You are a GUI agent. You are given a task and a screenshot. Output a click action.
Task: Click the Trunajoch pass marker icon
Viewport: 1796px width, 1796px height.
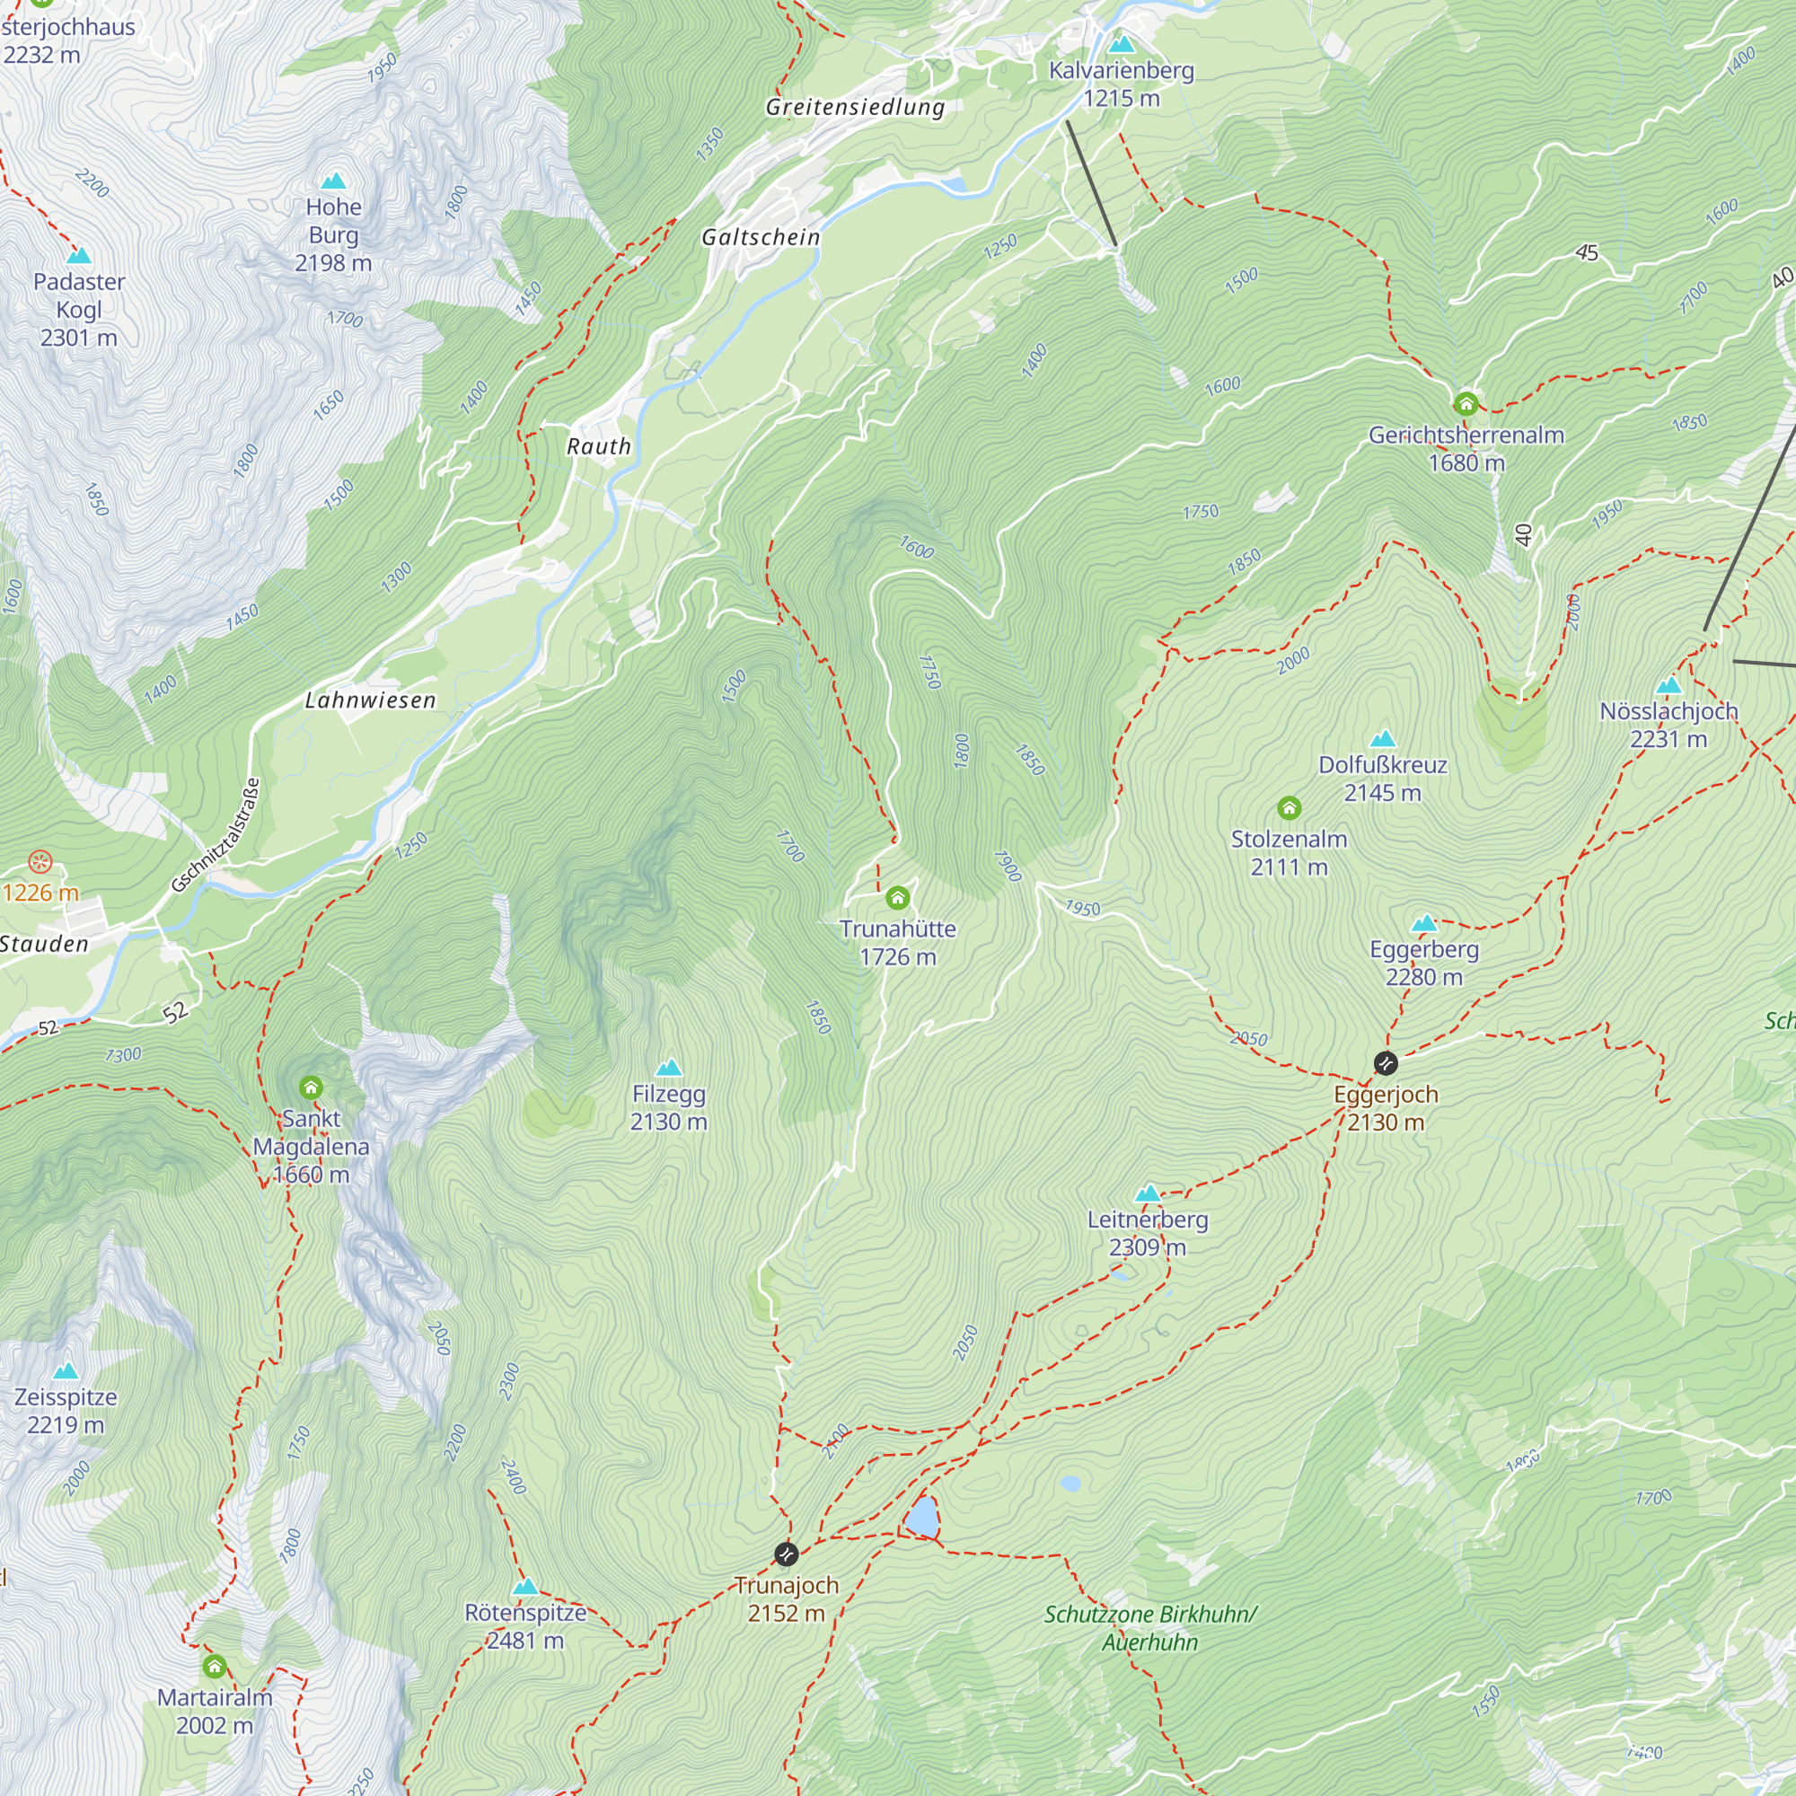[787, 1554]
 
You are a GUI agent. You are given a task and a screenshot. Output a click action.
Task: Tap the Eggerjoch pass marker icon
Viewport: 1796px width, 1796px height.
[1385, 1062]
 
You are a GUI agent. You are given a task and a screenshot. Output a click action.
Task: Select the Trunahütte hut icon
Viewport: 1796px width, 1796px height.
[897, 897]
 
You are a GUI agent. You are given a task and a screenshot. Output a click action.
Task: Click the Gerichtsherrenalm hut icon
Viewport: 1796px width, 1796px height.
[1466, 403]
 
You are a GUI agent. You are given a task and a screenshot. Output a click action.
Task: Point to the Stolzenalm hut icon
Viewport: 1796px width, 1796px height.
[1289, 808]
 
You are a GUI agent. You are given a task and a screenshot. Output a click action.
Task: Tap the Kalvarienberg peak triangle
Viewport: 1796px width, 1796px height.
[1122, 45]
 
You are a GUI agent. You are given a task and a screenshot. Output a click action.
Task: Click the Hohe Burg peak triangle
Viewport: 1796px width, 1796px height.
[333, 181]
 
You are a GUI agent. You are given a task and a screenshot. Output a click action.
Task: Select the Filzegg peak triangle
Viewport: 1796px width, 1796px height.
[668, 1067]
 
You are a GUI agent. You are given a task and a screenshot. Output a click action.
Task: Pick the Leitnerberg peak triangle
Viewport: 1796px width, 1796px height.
[1148, 1193]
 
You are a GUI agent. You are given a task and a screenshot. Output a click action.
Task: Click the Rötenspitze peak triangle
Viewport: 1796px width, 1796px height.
[525, 1586]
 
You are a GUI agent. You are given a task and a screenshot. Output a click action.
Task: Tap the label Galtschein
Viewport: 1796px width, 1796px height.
[761, 237]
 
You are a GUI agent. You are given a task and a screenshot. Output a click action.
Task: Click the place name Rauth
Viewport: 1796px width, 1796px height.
[599, 446]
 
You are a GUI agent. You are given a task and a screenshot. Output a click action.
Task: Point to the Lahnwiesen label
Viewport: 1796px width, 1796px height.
[370, 700]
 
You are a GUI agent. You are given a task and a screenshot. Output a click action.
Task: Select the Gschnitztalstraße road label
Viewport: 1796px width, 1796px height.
[216, 835]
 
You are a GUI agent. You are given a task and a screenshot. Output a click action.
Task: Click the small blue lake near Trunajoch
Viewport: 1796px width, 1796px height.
[922, 1518]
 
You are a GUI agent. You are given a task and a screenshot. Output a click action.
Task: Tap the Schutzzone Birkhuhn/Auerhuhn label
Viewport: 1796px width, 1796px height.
[1150, 1628]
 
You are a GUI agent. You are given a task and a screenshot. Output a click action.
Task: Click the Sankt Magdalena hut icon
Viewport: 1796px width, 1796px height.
[311, 1087]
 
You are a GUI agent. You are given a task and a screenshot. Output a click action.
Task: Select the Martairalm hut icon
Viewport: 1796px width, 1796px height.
[215, 1667]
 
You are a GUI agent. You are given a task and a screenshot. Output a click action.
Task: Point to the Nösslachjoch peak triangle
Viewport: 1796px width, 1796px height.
[1668, 686]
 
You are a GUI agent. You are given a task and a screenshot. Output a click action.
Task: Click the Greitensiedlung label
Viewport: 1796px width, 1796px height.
[855, 107]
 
